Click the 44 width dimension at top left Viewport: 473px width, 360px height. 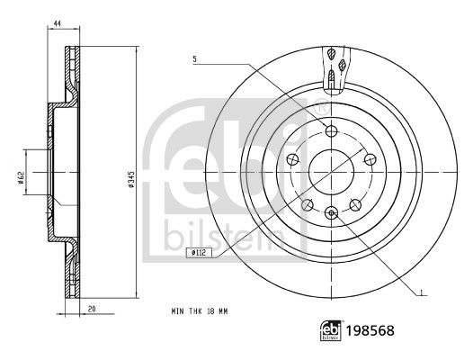coord(58,23)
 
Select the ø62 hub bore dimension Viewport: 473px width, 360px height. coord(21,177)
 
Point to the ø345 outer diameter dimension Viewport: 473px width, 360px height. coord(130,179)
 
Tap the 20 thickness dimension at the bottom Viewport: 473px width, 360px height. coord(92,309)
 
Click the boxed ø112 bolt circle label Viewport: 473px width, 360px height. coord(199,253)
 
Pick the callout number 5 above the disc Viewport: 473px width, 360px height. coord(194,59)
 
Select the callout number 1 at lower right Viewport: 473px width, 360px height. coord(422,292)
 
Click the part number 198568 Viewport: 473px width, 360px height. coord(370,330)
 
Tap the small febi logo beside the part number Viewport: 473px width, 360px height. coord(331,330)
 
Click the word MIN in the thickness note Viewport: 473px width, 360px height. coord(177,311)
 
